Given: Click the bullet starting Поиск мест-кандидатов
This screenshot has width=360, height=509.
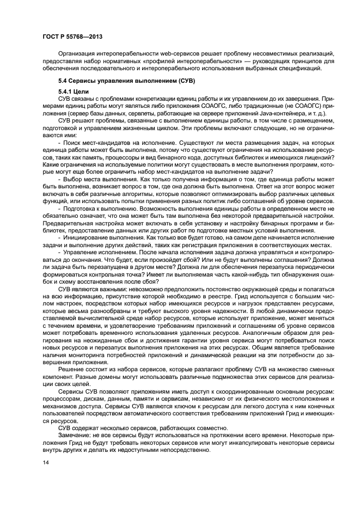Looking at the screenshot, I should pyautogui.click(x=98, y=143).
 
